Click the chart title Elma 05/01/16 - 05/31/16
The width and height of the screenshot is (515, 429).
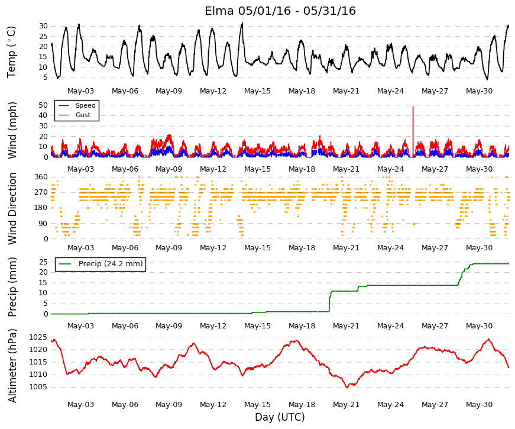point(280,11)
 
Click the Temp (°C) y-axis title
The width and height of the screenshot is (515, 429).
point(11,52)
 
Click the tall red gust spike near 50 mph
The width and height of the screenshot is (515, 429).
point(413,131)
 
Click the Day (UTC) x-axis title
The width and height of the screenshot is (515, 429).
point(280,417)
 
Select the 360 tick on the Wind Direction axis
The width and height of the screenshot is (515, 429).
point(41,177)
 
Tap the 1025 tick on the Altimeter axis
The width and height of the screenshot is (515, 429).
point(38,337)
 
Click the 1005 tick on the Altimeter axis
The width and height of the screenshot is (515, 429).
point(38,387)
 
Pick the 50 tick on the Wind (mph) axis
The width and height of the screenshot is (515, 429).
point(43,105)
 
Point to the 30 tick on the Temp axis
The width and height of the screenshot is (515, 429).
point(43,26)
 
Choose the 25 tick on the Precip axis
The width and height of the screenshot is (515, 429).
point(43,262)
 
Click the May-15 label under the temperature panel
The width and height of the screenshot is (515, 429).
point(257,91)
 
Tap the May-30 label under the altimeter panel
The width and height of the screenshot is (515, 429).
point(479,405)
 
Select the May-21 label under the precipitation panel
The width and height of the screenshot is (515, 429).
point(346,326)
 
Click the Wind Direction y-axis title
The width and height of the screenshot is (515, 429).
point(12,208)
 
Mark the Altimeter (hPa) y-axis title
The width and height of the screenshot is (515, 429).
point(12,366)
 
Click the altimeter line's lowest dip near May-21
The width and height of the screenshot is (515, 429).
point(347,388)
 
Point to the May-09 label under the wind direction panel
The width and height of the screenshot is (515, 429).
point(169,248)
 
